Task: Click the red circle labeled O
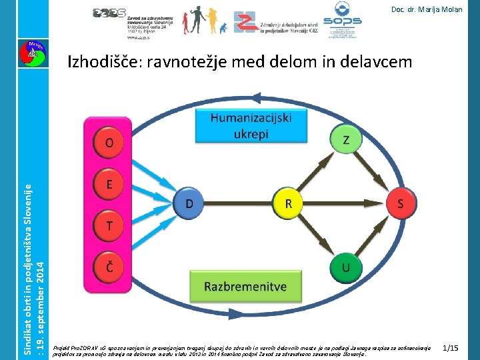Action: click(x=109, y=143)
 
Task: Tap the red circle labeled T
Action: click(x=109, y=227)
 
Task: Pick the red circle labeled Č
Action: click(x=109, y=267)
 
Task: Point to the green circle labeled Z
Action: click(x=345, y=139)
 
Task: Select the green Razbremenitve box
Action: click(x=245, y=287)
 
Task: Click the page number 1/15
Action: click(x=450, y=348)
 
